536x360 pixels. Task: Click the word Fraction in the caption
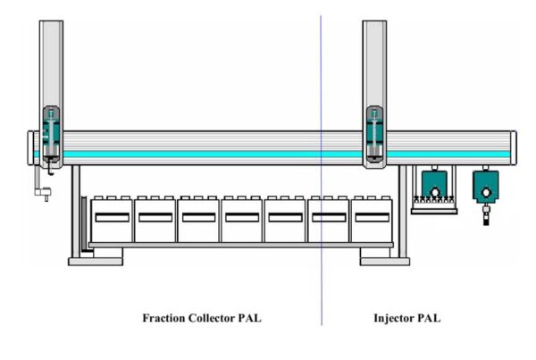(164, 318)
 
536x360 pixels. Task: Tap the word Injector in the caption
(393, 319)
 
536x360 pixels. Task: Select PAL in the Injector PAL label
(429, 318)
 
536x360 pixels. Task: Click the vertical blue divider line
(321, 171)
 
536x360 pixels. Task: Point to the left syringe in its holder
(51, 133)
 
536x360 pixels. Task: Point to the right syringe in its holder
(374, 133)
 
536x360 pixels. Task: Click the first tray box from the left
(112, 220)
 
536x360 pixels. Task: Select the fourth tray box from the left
(242, 220)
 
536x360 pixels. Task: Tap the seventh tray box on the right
(372, 220)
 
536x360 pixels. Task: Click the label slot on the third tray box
(198, 217)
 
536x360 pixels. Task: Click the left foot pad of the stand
(96, 262)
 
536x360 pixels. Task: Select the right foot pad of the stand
(385, 262)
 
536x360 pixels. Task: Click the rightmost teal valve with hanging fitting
(486, 187)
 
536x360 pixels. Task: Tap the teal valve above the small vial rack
(434, 185)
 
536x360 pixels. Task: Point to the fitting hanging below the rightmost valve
(486, 214)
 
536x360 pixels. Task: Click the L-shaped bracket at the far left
(42, 188)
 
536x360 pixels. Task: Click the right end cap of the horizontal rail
(514, 148)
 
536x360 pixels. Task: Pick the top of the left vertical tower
(51, 22)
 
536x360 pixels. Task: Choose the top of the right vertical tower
(374, 22)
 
